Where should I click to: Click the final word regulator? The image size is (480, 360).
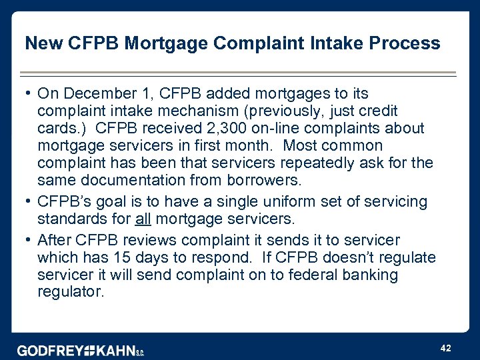(x=71, y=292)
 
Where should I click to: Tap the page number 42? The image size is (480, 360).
(x=446, y=347)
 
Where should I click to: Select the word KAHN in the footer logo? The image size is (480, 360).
(x=111, y=351)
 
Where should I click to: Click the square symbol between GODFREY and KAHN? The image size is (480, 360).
(x=84, y=351)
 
